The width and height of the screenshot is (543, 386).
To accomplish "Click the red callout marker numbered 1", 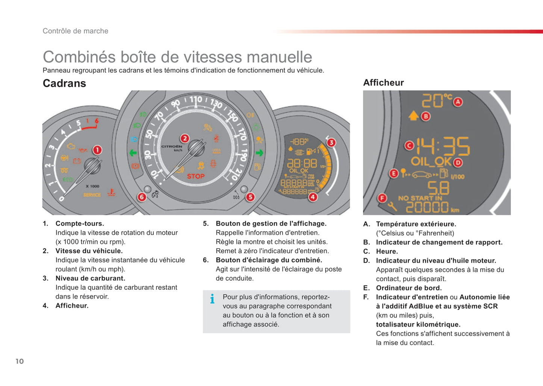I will tap(97, 150).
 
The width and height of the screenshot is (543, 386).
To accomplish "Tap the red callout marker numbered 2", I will tap(185, 138).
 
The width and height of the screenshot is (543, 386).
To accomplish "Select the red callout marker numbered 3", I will tap(331, 143).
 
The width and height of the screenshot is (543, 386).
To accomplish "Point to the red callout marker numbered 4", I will tap(313, 197).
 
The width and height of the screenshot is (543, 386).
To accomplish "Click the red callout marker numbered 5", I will tap(250, 197).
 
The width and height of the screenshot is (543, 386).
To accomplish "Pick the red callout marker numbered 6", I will tap(142, 197).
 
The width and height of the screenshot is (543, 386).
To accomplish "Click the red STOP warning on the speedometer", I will tap(196, 176).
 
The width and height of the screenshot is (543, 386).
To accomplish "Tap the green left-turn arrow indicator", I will tap(133, 153).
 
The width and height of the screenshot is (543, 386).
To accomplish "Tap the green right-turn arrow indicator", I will tap(259, 153).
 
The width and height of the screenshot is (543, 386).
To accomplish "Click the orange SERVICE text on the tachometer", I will tap(92, 195).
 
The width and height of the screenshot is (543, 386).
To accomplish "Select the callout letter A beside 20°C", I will tap(458, 102).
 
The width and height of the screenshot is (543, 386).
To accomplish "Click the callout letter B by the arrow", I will tap(426, 117).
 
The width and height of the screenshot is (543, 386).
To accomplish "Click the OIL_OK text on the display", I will tap(431, 162).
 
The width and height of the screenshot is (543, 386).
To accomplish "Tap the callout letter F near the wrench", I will tap(382, 198).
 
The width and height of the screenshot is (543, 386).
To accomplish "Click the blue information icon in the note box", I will tap(212, 299).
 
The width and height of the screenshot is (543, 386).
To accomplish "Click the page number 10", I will tap(20, 362).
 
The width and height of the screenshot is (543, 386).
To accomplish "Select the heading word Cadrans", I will tap(64, 83).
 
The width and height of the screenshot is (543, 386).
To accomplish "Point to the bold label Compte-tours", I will tap(80, 223).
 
